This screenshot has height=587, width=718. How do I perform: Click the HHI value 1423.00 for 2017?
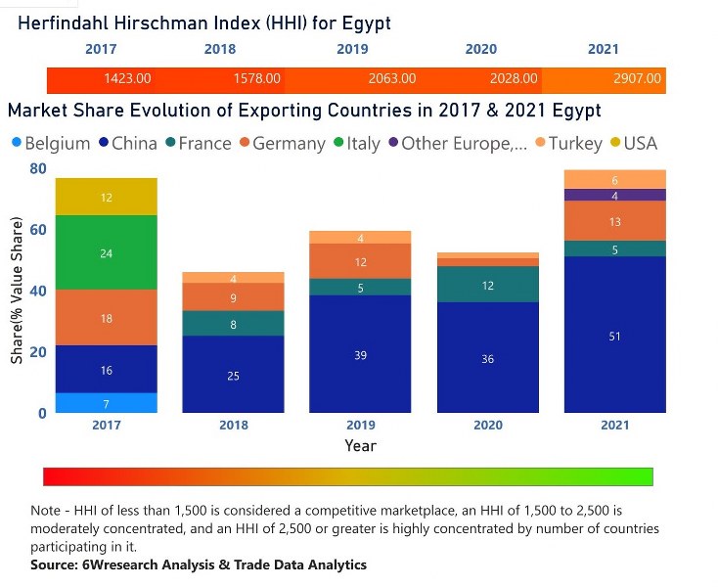click(127, 78)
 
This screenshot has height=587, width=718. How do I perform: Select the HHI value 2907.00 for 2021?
click(637, 78)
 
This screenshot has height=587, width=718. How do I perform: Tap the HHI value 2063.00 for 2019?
click(391, 78)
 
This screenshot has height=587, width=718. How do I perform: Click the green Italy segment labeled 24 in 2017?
click(107, 253)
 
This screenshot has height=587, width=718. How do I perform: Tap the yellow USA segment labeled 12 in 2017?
click(107, 198)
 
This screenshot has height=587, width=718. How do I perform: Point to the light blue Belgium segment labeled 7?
click(107, 403)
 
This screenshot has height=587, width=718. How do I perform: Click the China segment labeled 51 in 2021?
click(614, 336)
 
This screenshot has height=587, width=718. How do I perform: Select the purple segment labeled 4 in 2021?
click(614, 196)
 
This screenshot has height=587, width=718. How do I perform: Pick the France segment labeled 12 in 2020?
click(487, 285)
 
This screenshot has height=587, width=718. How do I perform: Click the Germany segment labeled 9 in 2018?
click(233, 297)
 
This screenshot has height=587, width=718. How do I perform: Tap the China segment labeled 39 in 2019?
click(360, 354)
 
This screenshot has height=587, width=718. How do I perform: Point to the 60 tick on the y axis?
click(37, 230)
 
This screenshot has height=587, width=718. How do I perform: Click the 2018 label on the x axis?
click(233, 426)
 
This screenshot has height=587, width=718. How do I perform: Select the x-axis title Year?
click(360, 445)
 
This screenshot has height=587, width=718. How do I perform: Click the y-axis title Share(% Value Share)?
click(17, 291)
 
